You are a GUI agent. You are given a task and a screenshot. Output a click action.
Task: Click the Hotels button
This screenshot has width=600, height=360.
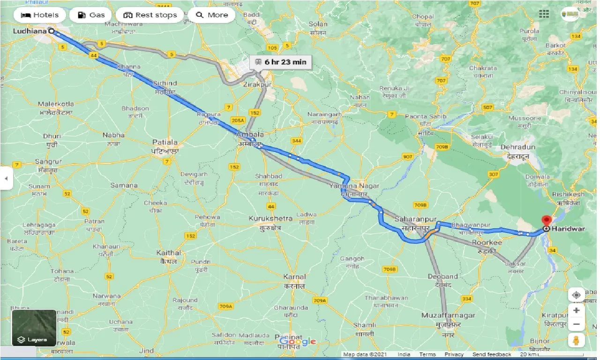click(x=40, y=15)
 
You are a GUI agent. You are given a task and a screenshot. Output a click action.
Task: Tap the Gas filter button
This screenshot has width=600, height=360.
click(x=90, y=15)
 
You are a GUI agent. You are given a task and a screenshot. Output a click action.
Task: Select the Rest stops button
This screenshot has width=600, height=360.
click(x=150, y=15)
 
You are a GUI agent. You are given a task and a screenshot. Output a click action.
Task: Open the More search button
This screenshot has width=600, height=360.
click(x=212, y=15)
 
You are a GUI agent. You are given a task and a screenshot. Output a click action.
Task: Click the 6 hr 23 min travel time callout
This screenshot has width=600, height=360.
click(x=279, y=61)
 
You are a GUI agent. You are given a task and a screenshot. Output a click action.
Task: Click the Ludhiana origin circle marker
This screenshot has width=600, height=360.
click(x=52, y=31)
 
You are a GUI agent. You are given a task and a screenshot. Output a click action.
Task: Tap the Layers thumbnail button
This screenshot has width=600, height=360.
click(x=34, y=328)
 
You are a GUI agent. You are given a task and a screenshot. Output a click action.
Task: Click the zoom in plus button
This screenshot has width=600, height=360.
click(x=576, y=310)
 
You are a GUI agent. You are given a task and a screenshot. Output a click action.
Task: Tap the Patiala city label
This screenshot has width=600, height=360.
click(x=164, y=142)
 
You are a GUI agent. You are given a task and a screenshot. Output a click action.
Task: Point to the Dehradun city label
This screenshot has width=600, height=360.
click(x=518, y=147)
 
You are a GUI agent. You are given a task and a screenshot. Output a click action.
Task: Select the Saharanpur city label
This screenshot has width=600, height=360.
click(x=415, y=219)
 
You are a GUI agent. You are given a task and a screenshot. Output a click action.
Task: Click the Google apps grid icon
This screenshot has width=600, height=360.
click(x=544, y=14)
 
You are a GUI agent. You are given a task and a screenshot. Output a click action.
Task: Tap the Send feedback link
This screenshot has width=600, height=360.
click(x=492, y=354)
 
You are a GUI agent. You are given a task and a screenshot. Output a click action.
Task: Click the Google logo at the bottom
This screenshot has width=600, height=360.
click(x=299, y=342)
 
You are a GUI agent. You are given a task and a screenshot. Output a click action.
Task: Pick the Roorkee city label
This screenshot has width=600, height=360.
click(x=487, y=242)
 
